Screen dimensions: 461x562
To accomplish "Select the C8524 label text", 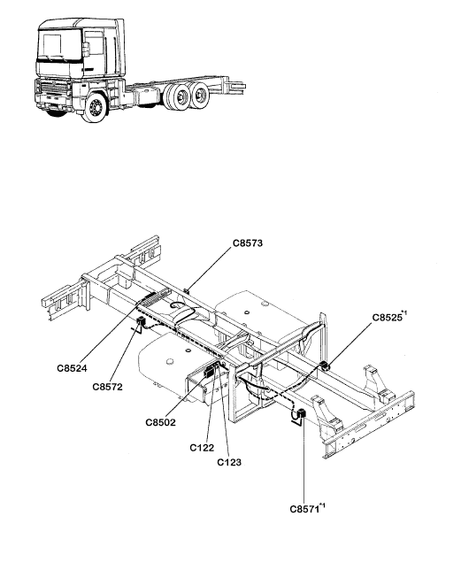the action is click(x=72, y=368).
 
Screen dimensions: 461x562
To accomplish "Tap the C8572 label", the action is click(x=107, y=387).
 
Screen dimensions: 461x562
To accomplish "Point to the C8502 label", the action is click(x=161, y=422).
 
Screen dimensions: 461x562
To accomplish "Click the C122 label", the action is click(x=202, y=448).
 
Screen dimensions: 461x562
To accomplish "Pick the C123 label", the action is click(x=229, y=462).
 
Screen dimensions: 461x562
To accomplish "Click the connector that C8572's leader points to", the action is click(x=140, y=321).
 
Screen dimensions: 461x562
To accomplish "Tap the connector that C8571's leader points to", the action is click(x=302, y=413).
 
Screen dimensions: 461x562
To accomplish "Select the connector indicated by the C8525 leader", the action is click(x=325, y=366).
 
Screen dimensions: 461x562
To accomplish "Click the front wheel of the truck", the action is click(x=95, y=107).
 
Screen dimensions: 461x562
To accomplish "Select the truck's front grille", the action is click(x=53, y=89).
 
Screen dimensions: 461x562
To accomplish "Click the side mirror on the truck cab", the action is click(x=86, y=50).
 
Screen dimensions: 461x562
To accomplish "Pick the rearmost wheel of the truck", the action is click(x=199, y=95).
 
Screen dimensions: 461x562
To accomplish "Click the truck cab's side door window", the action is click(x=94, y=43).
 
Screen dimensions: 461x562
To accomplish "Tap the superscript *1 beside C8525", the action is click(x=404, y=313).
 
